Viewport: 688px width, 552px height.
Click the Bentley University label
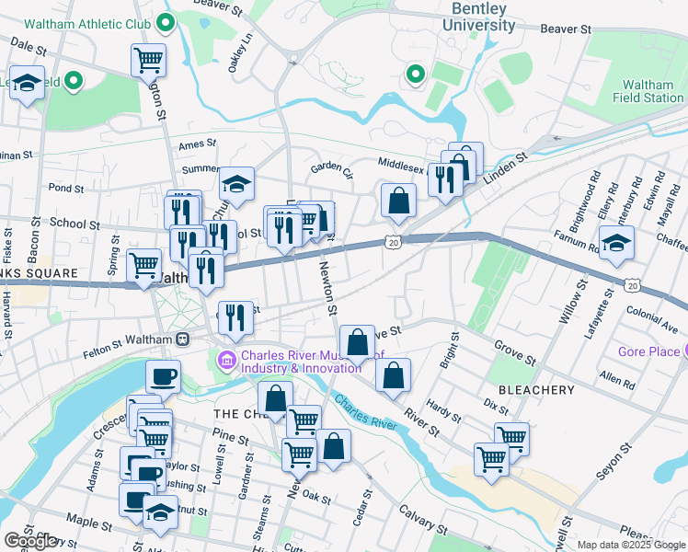pyautogui.click(x=479, y=17)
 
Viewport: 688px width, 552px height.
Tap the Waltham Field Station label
pyautogui.click(x=648, y=91)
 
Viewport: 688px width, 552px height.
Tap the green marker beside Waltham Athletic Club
pyautogui.click(x=166, y=21)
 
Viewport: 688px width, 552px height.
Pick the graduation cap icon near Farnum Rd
pyautogui.click(x=616, y=243)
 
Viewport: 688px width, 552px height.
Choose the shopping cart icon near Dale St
pyautogui.click(x=148, y=61)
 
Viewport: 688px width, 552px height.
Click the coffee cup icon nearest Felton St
pyautogui.click(x=163, y=376)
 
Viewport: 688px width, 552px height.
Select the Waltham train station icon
pyautogui.click(x=183, y=339)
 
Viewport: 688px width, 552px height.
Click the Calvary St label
pyautogui.click(x=422, y=521)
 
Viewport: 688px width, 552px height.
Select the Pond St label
pyautogui.click(x=65, y=188)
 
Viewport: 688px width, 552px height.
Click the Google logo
pyautogui.click(x=30, y=541)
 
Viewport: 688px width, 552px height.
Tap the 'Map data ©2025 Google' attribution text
pyautogui.click(x=630, y=545)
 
